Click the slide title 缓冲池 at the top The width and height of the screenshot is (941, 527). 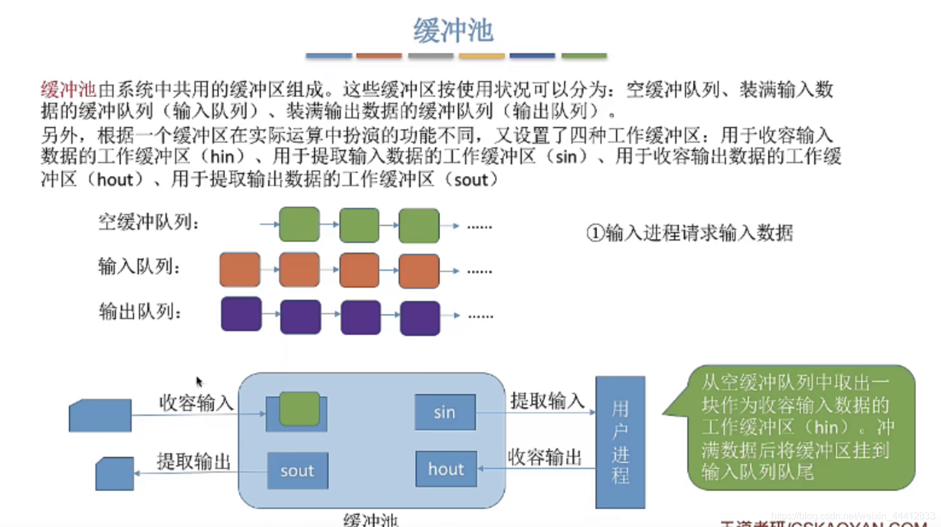click(x=453, y=30)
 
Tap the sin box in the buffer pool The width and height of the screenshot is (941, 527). click(x=445, y=412)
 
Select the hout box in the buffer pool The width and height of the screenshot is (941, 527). click(x=446, y=469)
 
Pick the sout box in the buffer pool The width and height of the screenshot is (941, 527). click(x=297, y=471)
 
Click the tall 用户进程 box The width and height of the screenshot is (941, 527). click(x=620, y=442)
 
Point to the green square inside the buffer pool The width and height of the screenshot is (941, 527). click(x=300, y=409)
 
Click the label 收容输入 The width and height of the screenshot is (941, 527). click(x=196, y=403)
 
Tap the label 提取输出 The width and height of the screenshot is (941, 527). click(x=194, y=462)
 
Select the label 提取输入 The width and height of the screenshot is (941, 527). click(x=547, y=401)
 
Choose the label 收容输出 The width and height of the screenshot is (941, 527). click(x=545, y=457)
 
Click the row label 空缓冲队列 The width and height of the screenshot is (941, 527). click(x=149, y=222)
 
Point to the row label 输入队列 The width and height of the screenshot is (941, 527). click(x=139, y=267)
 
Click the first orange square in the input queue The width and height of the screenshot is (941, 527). click(x=240, y=270)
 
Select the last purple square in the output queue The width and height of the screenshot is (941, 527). click(x=420, y=317)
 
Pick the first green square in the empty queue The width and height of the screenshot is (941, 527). click(x=299, y=224)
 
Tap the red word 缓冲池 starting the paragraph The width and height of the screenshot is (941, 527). click(x=68, y=90)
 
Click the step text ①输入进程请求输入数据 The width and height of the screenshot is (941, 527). click(x=689, y=233)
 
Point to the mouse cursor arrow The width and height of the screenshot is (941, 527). click(x=199, y=381)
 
